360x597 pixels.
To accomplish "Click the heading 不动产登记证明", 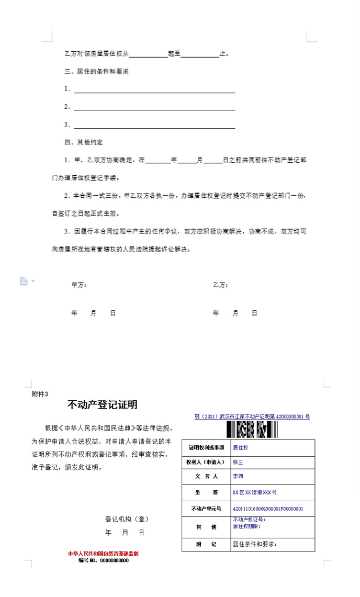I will [x=102, y=404].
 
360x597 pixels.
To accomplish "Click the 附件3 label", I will [x=40, y=394].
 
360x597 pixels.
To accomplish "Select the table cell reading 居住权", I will [x=240, y=448].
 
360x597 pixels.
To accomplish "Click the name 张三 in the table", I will [x=238, y=462].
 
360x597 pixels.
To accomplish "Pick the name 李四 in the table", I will [x=238, y=477].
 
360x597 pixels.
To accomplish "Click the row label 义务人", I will [x=206, y=477].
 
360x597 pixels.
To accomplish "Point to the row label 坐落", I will [x=206, y=492].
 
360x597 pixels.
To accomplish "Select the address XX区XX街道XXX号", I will [x=254, y=492].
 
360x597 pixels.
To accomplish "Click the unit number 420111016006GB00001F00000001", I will [x=267, y=508].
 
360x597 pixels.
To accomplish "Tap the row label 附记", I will [x=206, y=544].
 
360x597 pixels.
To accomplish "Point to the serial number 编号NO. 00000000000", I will [x=103, y=560].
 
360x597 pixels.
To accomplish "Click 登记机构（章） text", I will [x=127, y=519].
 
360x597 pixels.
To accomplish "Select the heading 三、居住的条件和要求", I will [x=96, y=71].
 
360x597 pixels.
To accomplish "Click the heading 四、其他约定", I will [x=84, y=142].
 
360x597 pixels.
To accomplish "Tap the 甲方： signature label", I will [x=79, y=285].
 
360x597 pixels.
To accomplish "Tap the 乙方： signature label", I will [x=220, y=285].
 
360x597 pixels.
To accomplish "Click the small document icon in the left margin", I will [x=24, y=281].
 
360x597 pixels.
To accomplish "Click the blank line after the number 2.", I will [x=154, y=107].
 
